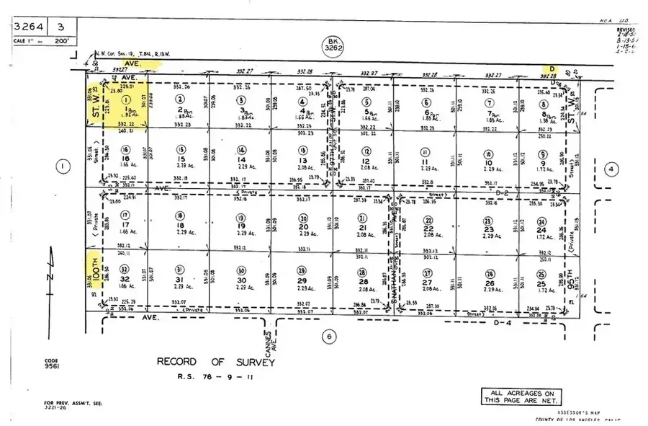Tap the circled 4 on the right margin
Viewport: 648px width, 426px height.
[x=611, y=169]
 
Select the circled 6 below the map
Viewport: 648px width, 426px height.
[x=328, y=336]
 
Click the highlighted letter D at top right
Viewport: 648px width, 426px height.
[x=552, y=68]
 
